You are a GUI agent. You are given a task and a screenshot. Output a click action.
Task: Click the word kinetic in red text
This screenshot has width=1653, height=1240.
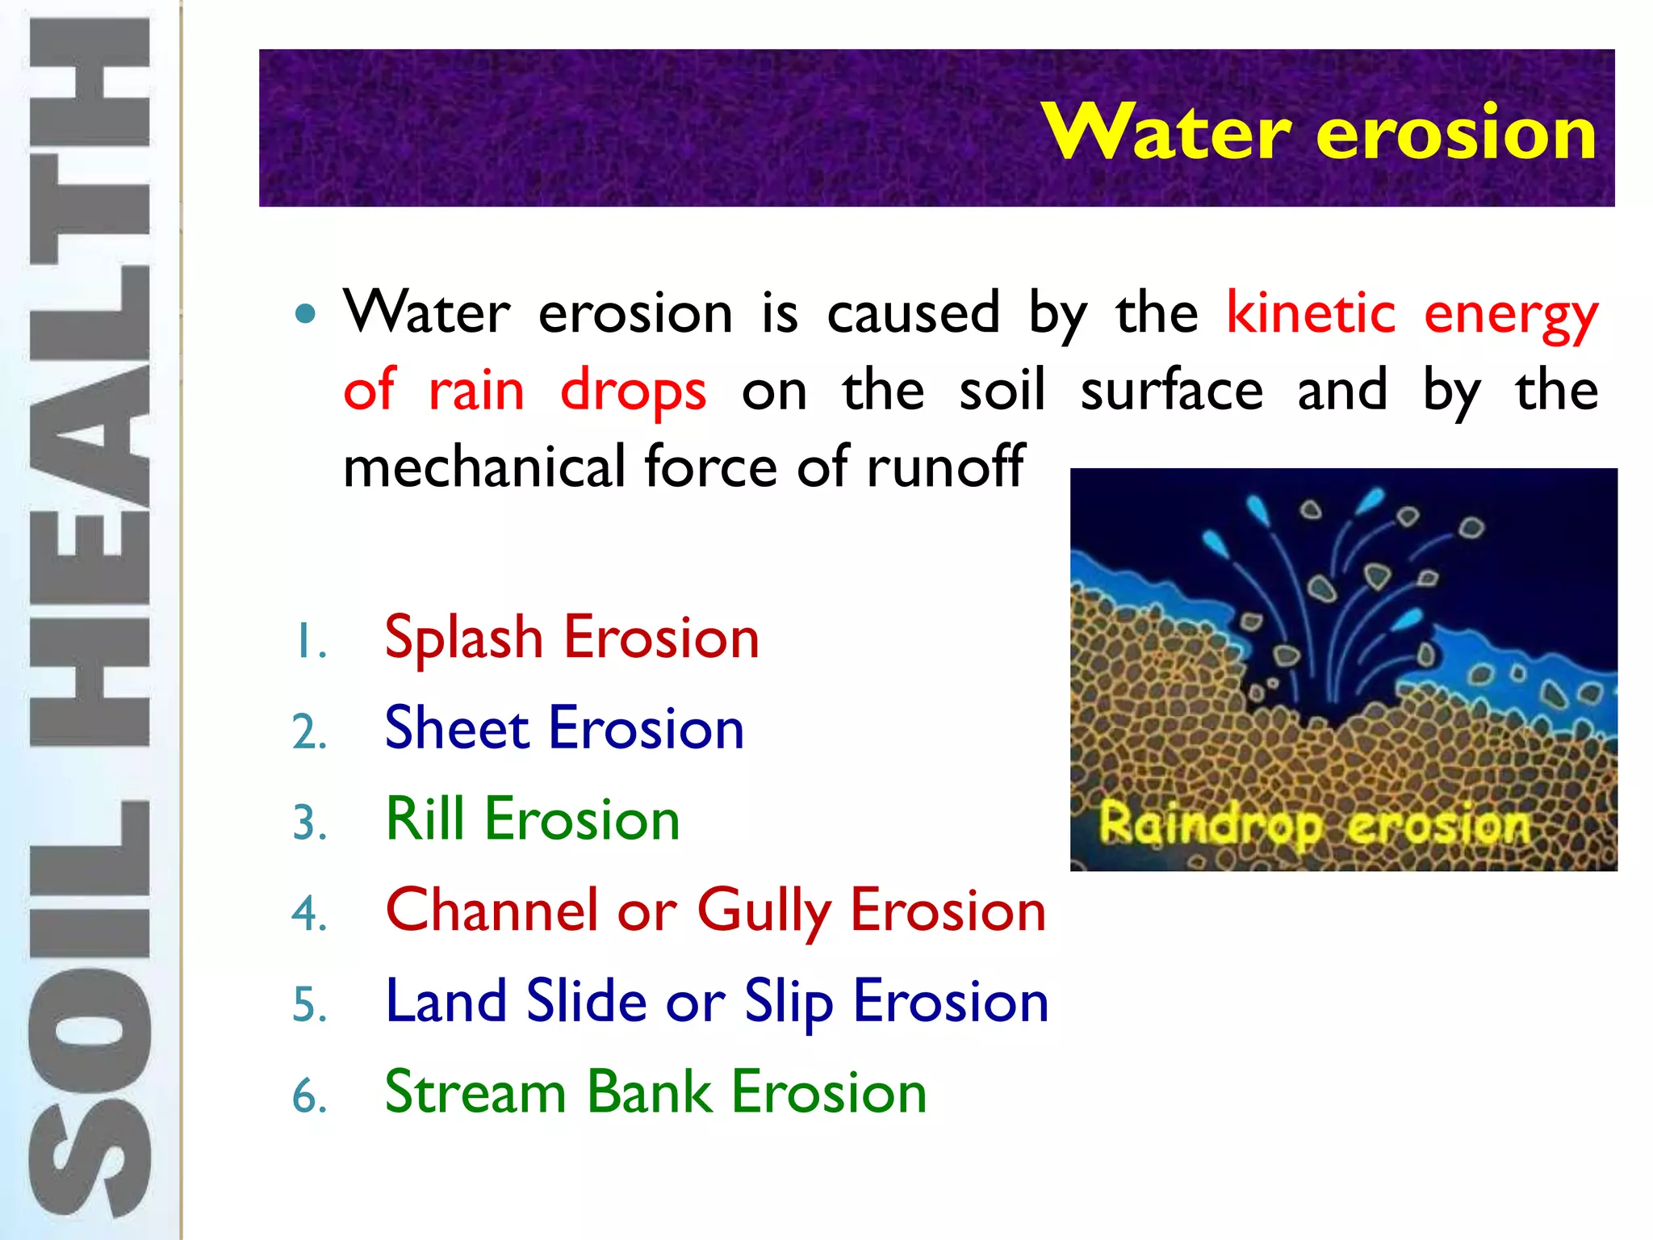(1311, 313)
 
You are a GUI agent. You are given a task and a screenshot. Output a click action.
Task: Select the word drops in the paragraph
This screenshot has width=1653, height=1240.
(634, 392)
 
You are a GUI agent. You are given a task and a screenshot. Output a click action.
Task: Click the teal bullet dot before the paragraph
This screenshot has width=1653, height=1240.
(305, 313)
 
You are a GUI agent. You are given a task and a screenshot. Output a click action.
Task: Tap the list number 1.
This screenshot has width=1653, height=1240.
(309, 643)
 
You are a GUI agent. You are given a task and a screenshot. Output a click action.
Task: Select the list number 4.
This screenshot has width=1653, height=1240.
(309, 915)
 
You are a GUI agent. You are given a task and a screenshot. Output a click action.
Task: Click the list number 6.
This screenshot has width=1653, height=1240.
(309, 1096)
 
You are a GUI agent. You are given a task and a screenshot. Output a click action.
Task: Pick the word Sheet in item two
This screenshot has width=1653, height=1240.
(457, 728)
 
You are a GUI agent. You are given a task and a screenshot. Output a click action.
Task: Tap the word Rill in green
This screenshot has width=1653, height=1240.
(425, 819)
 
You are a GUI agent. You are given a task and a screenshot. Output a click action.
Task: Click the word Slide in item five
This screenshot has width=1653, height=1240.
(586, 1001)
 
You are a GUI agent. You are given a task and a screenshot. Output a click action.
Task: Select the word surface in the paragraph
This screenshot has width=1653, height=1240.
(1171, 391)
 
